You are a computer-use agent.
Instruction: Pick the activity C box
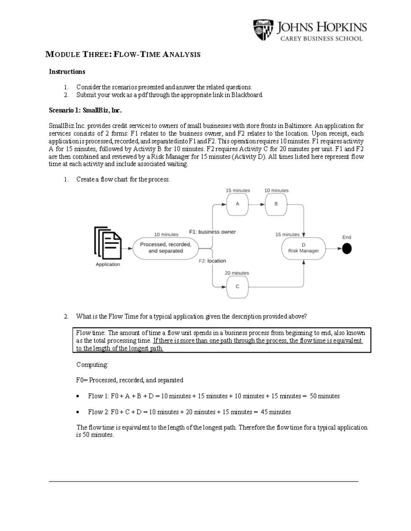click(x=237, y=287)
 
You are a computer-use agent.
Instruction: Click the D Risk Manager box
click(x=303, y=248)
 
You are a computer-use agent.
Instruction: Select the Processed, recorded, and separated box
click(x=165, y=248)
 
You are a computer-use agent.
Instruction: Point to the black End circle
click(x=347, y=249)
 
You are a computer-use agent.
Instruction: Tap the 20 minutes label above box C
click(x=237, y=273)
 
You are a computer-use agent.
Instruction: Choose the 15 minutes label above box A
click(x=238, y=190)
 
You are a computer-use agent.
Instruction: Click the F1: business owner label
click(x=212, y=232)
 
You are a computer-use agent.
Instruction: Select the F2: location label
click(x=212, y=261)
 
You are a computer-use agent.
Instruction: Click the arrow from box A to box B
click(x=257, y=204)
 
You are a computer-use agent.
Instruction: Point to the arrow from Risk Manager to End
click(x=334, y=249)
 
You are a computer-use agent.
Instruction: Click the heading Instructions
click(x=67, y=72)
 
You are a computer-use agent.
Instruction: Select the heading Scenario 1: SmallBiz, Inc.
click(x=85, y=110)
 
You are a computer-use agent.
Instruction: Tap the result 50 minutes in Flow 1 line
click(x=325, y=396)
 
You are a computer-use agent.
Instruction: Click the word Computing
click(x=92, y=365)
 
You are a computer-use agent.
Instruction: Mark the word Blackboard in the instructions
click(x=247, y=95)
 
